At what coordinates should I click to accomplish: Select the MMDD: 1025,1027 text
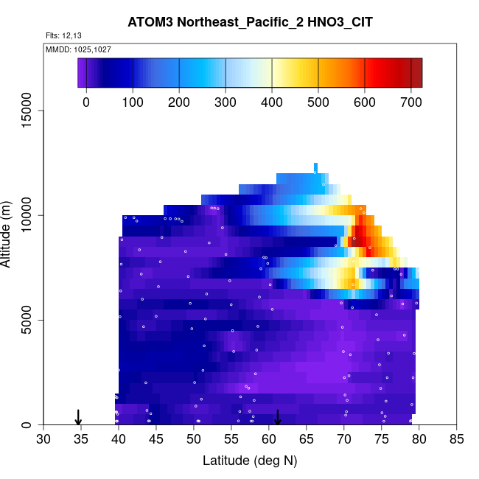(78, 49)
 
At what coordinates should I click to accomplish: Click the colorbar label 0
(86, 102)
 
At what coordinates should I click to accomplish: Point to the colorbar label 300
(225, 102)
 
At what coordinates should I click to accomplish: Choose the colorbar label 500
(318, 102)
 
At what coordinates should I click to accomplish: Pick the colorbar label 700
(411, 102)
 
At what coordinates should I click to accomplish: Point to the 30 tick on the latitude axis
(43, 440)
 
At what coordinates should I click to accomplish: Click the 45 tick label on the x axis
(156, 440)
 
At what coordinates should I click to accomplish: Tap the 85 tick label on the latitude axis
(456, 440)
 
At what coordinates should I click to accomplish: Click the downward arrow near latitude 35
(78, 418)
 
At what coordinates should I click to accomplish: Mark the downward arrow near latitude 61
(278, 418)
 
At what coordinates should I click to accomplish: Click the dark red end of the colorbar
(416, 73)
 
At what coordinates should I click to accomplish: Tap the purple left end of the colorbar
(82, 73)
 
